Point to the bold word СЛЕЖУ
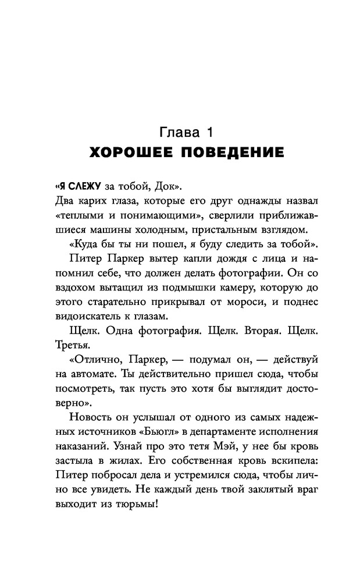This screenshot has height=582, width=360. pos(81,187)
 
